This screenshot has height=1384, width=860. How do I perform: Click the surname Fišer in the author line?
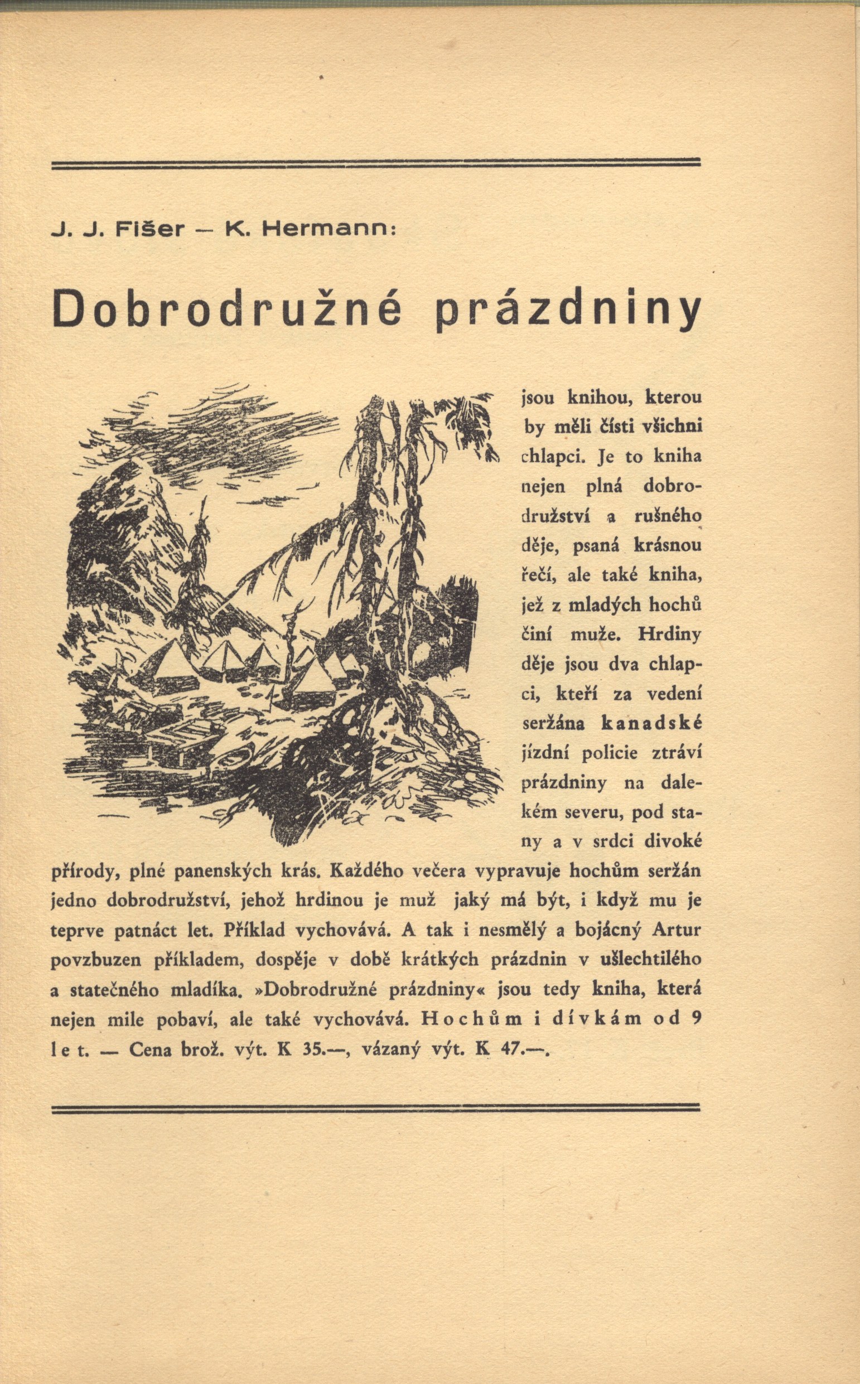pyautogui.click(x=150, y=229)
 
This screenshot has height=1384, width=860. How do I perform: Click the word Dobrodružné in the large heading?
pyautogui.click(x=226, y=308)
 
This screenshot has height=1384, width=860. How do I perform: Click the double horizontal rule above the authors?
pyautogui.click(x=375, y=164)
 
